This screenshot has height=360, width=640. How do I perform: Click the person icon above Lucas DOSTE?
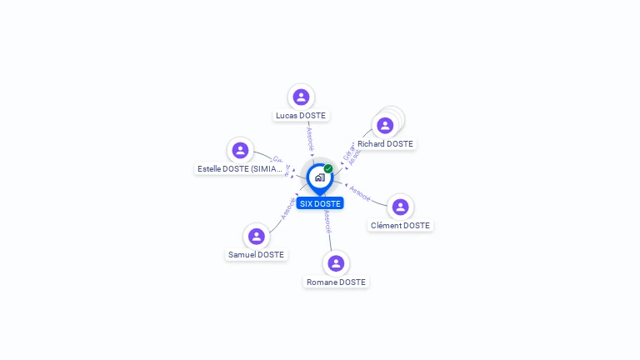pyautogui.click(x=301, y=97)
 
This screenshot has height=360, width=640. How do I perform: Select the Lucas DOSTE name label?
pyautogui.click(x=301, y=116)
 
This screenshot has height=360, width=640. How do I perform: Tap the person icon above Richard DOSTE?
pyautogui.click(x=385, y=126)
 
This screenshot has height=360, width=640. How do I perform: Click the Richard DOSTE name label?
pyautogui.click(x=385, y=144)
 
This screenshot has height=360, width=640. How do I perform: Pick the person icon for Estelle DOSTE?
pyautogui.click(x=241, y=150)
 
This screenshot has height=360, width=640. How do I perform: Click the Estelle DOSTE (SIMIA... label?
pyautogui.click(x=240, y=169)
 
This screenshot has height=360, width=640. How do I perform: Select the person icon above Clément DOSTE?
pyautogui.click(x=400, y=207)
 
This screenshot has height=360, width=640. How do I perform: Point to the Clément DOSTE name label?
pyautogui.click(x=400, y=226)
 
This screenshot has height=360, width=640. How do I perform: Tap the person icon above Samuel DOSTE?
pyautogui.click(x=256, y=237)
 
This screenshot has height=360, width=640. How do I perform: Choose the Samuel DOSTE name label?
pyautogui.click(x=256, y=255)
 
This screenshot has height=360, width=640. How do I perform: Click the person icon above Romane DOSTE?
pyautogui.click(x=336, y=263)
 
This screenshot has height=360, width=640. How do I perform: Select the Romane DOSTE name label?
pyautogui.click(x=336, y=282)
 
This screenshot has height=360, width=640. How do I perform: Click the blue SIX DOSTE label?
pyautogui.click(x=320, y=203)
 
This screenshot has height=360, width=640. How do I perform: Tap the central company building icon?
pyautogui.click(x=319, y=177)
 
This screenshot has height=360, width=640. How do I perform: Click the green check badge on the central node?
pyautogui.click(x=328, y=169)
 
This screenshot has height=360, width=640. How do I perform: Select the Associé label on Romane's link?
pyautogui.click(x=327, y=220)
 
